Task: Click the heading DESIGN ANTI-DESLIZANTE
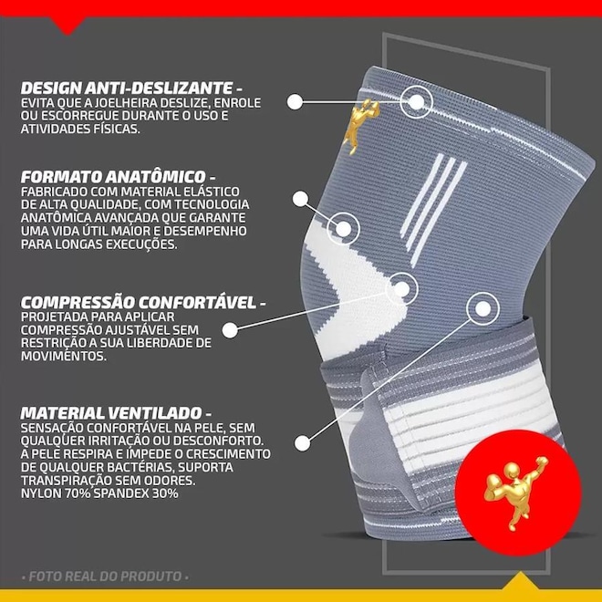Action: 127,88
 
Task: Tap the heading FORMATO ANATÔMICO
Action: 114,177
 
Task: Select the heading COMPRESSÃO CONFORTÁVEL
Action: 139,303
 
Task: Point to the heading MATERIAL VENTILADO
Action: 111,413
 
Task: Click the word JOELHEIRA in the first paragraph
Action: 126,103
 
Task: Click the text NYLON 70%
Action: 56,493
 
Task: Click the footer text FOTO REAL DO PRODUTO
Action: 105,576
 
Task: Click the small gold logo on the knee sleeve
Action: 361,126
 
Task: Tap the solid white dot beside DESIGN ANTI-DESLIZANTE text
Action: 295,102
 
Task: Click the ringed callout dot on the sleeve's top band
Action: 416,102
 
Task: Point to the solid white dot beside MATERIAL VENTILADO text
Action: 303,443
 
